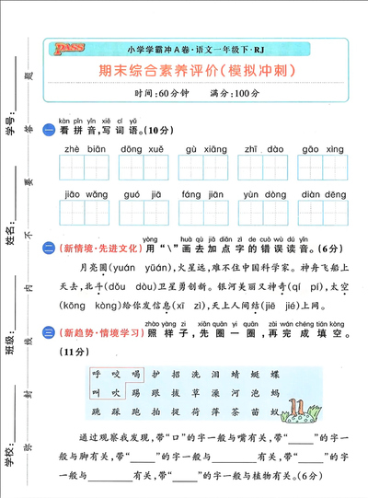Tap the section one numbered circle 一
[x=50, y=130]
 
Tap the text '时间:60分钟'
[x=158, y=94]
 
